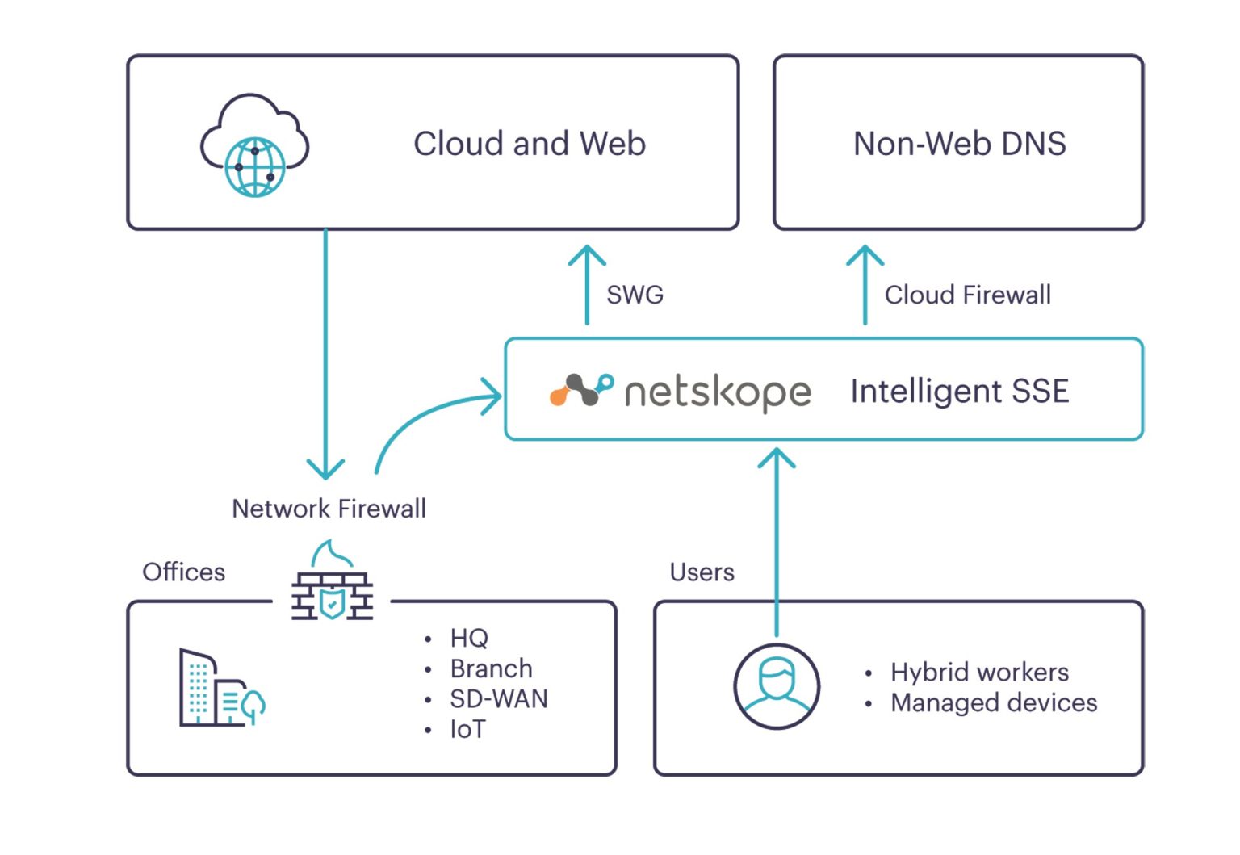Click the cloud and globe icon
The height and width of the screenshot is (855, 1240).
254,146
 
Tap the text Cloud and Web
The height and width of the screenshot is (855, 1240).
529,144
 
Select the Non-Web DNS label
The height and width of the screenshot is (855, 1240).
959,144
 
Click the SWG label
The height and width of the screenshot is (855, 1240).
635,295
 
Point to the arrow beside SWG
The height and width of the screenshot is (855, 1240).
587,284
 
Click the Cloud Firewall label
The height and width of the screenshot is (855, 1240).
967,295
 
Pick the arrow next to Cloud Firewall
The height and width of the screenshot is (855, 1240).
865,284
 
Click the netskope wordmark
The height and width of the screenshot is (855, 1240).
718,392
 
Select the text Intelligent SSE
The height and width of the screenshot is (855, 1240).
959,391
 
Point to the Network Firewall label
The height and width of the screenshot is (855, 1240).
329,509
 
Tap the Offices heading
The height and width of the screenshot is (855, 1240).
183,572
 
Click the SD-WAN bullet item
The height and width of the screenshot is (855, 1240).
498,698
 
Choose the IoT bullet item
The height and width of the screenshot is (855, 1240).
467,729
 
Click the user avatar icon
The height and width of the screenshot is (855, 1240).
777,686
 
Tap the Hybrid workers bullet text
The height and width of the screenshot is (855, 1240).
979,672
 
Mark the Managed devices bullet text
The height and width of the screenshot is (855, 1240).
993,702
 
